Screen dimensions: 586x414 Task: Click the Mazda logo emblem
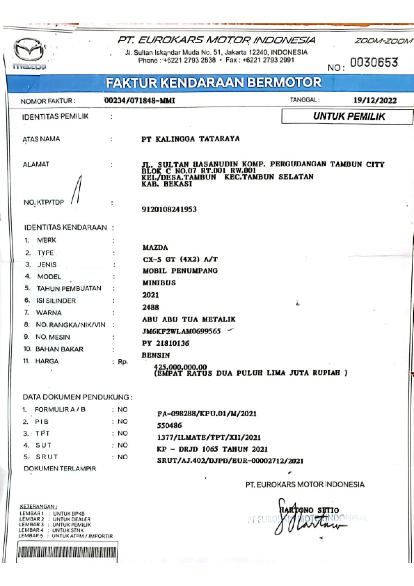29,50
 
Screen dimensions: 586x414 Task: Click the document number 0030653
374,62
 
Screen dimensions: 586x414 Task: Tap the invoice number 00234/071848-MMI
139,100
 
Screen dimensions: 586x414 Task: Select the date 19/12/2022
375,100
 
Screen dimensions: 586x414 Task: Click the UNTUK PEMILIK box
348,116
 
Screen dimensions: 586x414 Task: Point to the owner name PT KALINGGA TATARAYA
190,139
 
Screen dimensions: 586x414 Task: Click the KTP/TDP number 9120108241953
169,209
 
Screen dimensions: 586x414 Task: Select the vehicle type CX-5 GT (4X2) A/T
180,259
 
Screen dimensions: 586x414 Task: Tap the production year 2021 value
151,295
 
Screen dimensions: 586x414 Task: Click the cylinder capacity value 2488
151,307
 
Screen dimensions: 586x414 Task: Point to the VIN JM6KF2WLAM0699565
181,331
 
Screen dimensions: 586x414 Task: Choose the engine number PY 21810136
166,343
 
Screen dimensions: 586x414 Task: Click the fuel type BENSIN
156,355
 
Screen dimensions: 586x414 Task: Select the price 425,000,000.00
180,367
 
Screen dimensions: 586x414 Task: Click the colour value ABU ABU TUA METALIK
189,319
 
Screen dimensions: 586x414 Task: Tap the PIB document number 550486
169,426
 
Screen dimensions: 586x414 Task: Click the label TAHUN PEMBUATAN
69,289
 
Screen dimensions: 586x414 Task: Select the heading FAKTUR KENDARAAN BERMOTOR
213,83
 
